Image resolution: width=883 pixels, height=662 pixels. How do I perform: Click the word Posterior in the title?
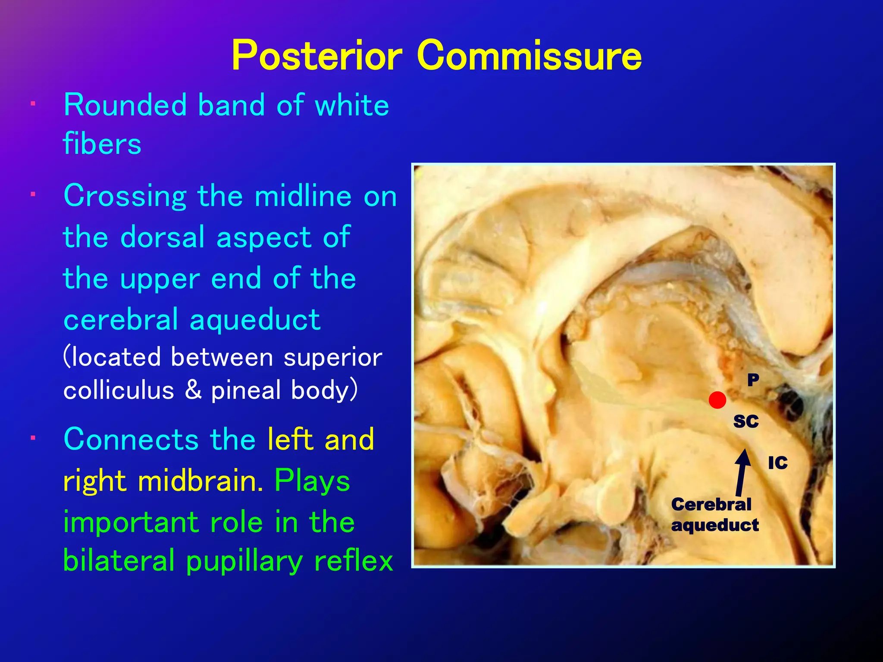coord(317,56)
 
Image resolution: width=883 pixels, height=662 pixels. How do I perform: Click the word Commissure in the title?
coord(529,56)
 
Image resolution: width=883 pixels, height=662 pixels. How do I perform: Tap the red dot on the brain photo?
coord(717,400)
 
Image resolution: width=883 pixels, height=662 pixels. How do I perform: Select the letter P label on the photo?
coord(753,380)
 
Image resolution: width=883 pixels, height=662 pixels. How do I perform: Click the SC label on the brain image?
coord(746,421)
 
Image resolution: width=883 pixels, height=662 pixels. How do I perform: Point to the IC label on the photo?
coord(778,463)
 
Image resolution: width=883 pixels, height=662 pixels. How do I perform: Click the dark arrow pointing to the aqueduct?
coord(742,472)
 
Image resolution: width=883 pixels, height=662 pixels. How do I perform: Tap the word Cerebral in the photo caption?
coord(711,504)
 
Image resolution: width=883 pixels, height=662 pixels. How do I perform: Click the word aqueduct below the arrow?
coord(715,525)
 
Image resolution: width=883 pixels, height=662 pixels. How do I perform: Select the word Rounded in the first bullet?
coord(125,105)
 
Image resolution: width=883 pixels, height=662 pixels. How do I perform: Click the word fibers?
coord(102,144)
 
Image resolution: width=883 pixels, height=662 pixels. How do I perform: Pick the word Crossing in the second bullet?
coord(125,197)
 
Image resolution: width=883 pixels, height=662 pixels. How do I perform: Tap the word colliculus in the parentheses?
coord(119,390)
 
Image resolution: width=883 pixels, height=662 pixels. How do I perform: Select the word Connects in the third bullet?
coord(131,440)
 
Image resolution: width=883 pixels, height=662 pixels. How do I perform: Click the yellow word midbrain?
coord(200,481)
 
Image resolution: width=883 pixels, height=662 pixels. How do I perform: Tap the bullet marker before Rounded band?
coord(33,104)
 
